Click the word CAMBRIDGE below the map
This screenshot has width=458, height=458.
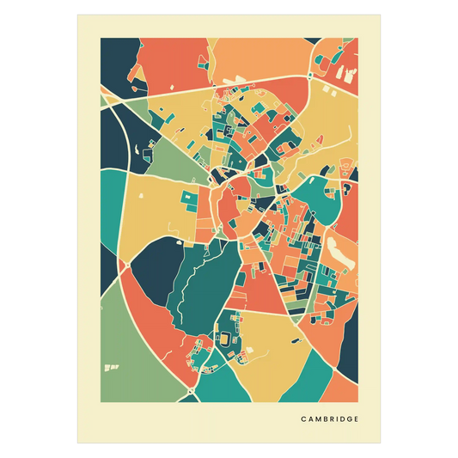click(330, 419)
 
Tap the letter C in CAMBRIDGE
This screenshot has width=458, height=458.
click(303, 419)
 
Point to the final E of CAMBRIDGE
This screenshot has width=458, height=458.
click(357, 419)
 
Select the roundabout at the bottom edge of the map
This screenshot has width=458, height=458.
click(188, 396)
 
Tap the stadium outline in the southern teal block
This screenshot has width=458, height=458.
click(225, 338)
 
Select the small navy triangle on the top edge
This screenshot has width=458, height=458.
click(206, 43)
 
